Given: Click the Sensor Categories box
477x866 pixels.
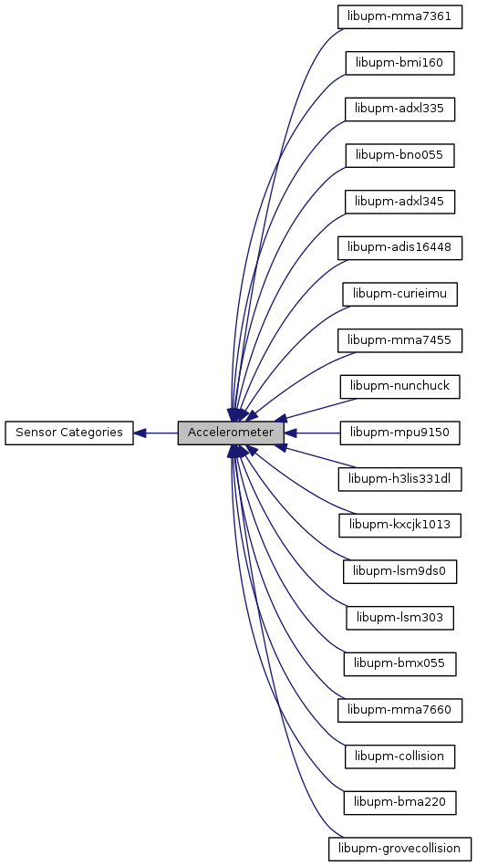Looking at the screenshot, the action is click(x=69, y=433).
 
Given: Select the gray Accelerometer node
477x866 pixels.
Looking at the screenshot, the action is click(x=231, y=433).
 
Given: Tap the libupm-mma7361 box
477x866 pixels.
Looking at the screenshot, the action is click(x=399, y=17).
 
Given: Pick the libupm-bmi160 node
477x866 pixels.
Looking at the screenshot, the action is click(x=399, y=63).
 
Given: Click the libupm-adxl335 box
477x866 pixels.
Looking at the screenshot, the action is click(x=399, y=110).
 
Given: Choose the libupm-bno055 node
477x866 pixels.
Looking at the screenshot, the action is click(x=399, y=156).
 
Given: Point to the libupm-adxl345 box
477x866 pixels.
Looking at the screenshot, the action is click(x=399, y=202).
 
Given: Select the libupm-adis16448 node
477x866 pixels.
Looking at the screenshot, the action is click(x=399, y=248).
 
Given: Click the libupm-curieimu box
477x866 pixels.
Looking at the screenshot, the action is click(x=399, y=295).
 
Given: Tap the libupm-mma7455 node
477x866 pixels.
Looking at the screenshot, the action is click(x=399, y=340).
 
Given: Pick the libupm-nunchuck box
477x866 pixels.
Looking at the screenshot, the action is click(x=399, y=387).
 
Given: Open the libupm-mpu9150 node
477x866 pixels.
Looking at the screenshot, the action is click(x=399, y=433).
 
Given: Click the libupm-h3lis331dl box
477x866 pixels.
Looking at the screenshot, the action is click(x=399, y=479).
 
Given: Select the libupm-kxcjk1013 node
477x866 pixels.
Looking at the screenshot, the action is click(x=399, y=526).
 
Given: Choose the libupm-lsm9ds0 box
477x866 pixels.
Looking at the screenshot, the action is click(x=399, y=571).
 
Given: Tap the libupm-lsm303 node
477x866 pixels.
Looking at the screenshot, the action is click(x=399, y=618).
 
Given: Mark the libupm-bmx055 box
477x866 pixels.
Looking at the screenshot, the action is click(x=399, y=663).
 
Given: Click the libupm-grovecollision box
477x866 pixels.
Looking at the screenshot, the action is click(x=399, y=849).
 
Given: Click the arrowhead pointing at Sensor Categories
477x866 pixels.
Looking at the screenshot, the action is click(x=140, y=433).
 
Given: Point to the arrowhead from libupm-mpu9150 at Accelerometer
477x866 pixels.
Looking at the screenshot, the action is click(x=290, y=433).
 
